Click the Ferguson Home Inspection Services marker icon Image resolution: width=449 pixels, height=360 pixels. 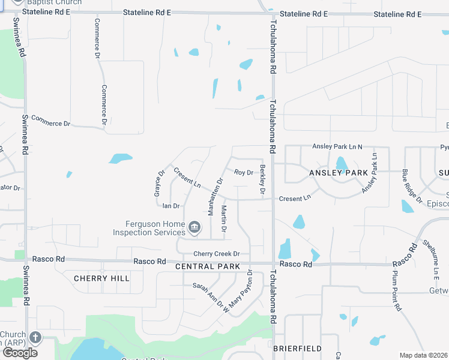click(194, 227)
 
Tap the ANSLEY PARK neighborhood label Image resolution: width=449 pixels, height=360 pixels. click(338, 173)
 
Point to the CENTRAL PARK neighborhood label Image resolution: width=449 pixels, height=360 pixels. click(208, 266)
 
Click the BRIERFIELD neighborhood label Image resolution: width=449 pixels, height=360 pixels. click(297, 348)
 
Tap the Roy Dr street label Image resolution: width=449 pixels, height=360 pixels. click(244, 173)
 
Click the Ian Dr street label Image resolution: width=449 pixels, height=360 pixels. click(172, 206)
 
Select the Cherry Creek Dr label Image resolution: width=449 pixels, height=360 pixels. click(216, 254)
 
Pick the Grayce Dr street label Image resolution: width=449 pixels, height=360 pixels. click(158, 184)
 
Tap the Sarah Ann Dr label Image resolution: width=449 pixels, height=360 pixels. click(208, 293)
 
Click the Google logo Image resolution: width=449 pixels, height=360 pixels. click(20, 353)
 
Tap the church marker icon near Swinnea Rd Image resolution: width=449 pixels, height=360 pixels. click(35, 338)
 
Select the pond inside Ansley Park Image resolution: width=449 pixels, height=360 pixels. click(341, 163)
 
